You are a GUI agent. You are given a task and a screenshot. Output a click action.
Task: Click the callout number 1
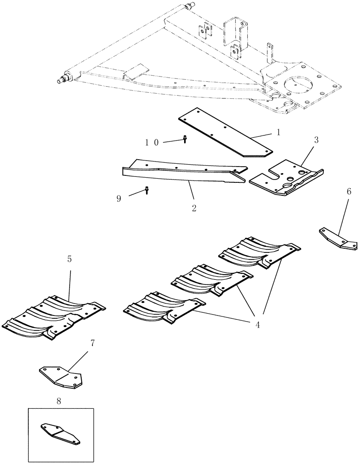click(x=278, y=132)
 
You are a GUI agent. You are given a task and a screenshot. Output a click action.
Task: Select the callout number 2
click(x=194, y=208)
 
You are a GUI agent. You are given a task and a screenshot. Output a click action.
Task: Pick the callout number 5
click(x=70, y=259)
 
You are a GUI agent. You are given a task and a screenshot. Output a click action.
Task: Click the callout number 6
click(x=349, y=191)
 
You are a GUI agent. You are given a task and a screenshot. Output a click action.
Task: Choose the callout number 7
click(x=93, y=344)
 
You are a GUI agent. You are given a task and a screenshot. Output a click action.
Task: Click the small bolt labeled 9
click(x=147, y=190)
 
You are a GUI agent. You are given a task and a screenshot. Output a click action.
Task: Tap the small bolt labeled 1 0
click(x=185, y=139)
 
